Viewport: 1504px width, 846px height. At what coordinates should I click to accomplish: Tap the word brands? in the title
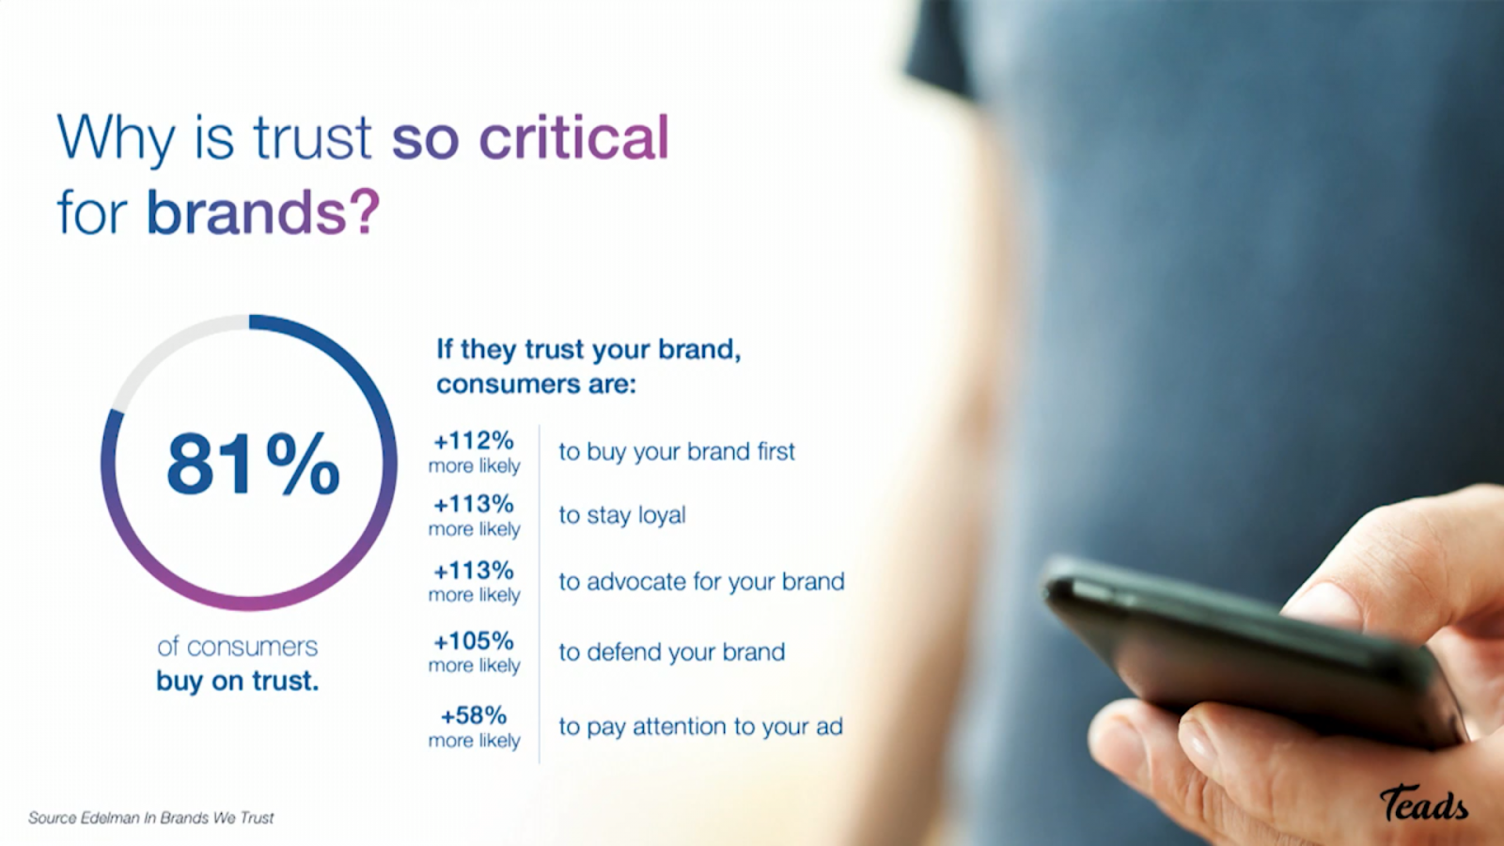pyautogui.click(x=263, y=212)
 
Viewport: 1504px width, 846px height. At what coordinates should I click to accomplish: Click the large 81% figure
pyautogui.click(x=253, y=463)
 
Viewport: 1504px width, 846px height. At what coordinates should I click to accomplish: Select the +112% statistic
pyautogui.click(x=474, y=441)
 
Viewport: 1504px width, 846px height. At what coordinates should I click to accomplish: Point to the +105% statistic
pyautogui.click(x=474, y=641)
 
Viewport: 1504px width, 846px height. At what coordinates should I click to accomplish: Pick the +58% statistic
pyautogui.click(x=474, y=715)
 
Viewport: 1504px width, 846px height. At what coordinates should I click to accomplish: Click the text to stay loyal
pyautogui.click(x=622, y=516)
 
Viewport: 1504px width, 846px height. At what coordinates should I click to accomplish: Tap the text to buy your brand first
pyautogui.click(x=677, y=452)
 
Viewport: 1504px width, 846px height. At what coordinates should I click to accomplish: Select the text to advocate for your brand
pyautogui.click(x=701, y=582)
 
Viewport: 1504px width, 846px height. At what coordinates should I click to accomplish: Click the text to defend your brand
pyautogui.click(x=672, y=652)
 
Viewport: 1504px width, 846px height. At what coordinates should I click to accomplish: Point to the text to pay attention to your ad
pyautogui.click(x=701, y=727)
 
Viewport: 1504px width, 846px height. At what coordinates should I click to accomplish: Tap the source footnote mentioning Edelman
pyautogui.click(x=151, y=818)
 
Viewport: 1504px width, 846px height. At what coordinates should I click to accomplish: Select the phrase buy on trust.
pyautogui.click(x=238, y=681)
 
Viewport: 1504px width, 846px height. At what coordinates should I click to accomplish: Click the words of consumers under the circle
pyautogui.click(x=238, y=647)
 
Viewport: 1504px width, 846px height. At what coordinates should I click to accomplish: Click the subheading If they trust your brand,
pyautogui.click(x=588, y=349)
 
